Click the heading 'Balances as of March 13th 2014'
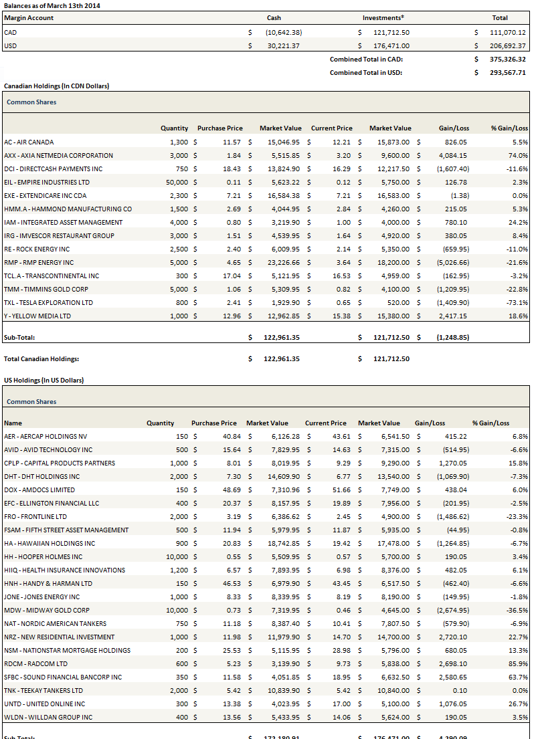coord(53,5)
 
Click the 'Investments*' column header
coord(383,18)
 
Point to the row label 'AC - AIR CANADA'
coord(29,142)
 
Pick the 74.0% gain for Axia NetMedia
coord(518,155)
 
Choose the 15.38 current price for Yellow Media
coord(342,316)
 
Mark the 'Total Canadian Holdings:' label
coord(41,358)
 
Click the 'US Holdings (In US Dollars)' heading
coord(44,380)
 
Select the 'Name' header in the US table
coord(13,423)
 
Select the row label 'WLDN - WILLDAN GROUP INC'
coord(48,717)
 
